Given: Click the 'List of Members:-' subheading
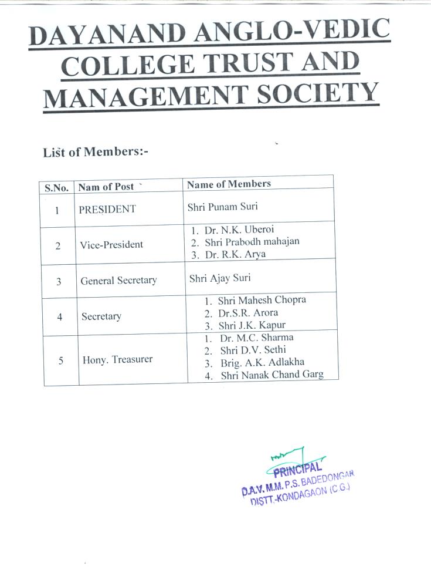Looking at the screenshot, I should pos(96,152).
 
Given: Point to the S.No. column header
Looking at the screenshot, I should pos(57,188).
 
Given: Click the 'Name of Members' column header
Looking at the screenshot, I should pos(229,184).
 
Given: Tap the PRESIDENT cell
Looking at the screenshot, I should pos(108,210).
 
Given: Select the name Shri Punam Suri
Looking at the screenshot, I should pos(222,207).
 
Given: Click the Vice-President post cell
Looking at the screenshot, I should pos(111,244).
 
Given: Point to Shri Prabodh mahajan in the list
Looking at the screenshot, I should pos(252,242).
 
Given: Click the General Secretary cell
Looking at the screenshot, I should pos(118,281).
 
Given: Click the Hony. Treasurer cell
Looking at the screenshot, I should pos(117,359).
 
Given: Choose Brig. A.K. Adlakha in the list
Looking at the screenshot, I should pos(262,362).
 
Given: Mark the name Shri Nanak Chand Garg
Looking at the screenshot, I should pos(272,375).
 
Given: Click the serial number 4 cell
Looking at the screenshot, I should pos(60,317).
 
